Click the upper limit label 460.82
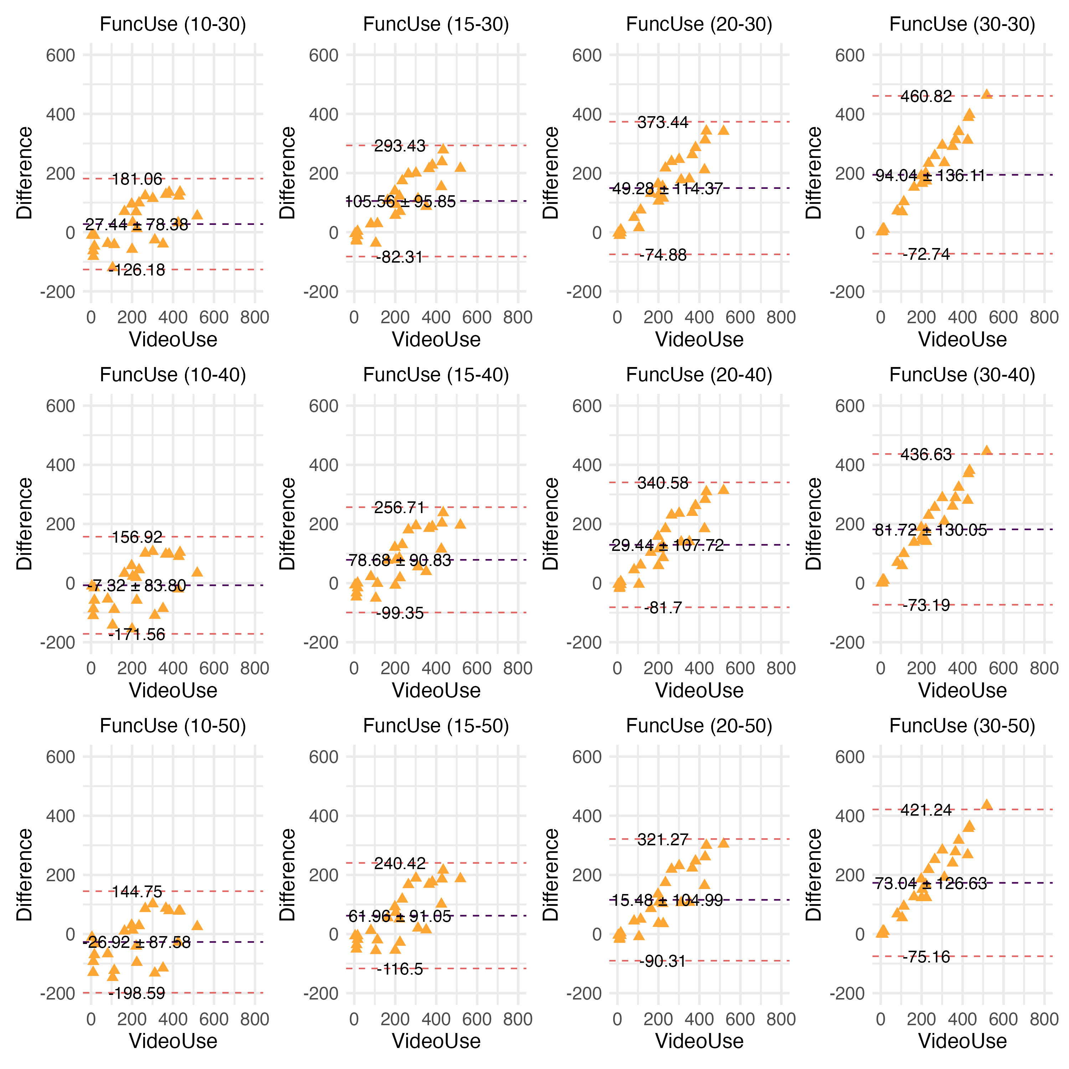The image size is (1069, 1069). point(926,96)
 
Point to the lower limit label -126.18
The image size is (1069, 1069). point(137,270)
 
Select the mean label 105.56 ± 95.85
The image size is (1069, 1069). point(400,201)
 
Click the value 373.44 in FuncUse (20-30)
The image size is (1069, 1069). point(662,122)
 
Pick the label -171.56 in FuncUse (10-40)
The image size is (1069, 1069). point(137,634)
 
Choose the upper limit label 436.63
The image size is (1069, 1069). point(926,454)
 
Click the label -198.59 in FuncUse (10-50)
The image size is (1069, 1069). point(137,993)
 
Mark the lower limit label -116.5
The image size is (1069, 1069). point(399,969)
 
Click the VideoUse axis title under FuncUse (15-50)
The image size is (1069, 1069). point(436,1041)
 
